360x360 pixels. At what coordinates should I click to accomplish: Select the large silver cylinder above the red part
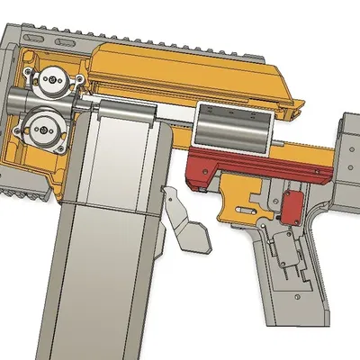(232, 131)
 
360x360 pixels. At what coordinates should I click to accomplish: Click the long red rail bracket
(261, 172)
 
